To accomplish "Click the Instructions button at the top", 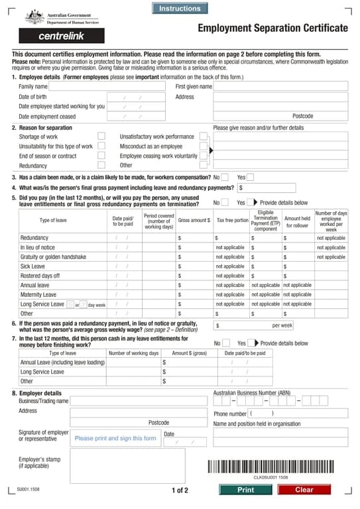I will tap(180, 9).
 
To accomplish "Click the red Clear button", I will tap(304, 490).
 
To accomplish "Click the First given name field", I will tap(280, 87).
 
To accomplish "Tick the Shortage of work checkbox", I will tap(101, 137).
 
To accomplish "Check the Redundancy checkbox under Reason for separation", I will tap(101, 166).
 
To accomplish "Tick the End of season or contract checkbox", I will tap(101, 156).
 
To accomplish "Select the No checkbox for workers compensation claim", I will tap(225, 177).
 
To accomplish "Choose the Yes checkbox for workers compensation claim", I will tap(250, 177).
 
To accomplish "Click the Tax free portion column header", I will tap(232, 220).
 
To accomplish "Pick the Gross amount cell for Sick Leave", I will tap(193, 266).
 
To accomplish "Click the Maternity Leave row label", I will tap(38, 294).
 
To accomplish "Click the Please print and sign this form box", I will tap(115, 438).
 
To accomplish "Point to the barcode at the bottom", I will tap(270, 466).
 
